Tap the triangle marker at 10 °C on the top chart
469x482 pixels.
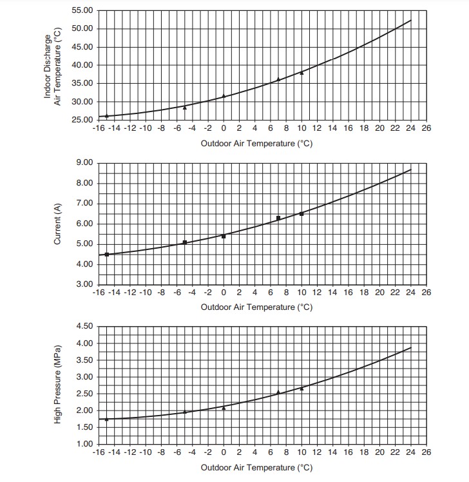click(301, 72)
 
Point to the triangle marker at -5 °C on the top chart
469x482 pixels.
click(185, 107)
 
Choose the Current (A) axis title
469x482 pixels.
click(57, 224)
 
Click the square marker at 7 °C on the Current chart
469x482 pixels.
click(278, 218)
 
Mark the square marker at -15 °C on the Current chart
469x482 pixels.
click(107, 255)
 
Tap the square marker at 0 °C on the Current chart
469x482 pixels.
click(224, 236)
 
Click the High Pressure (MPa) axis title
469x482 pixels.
click(57, 385)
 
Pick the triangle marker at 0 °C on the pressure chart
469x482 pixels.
click(224, 408)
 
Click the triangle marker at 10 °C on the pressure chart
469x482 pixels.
click(301, 389)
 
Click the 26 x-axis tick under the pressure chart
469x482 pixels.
click(426, 454)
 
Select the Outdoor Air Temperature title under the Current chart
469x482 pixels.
click(256, 307)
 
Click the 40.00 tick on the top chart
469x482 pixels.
click(82, 65)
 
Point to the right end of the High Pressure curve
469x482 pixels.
click(410, 348)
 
